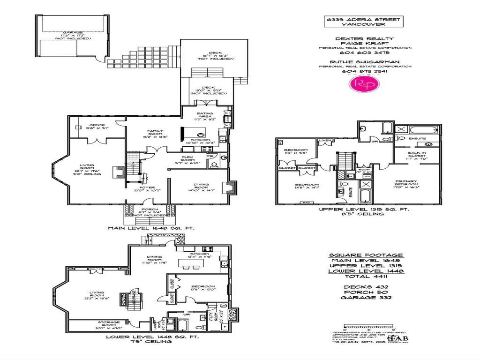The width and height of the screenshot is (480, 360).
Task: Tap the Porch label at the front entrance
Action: point(151,210)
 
